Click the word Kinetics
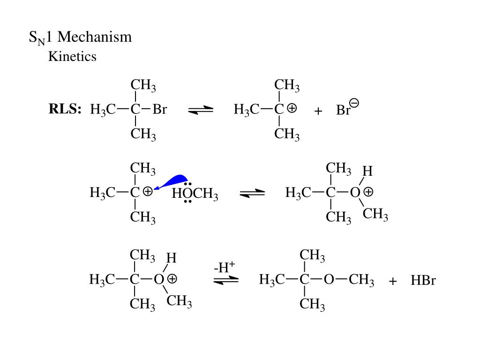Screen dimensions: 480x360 point(72,57)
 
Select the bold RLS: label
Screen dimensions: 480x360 point(65,110)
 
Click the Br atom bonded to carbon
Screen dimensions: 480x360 point(160,110)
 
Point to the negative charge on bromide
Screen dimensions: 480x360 point(354,103)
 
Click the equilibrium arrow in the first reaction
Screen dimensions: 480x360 point(201,110)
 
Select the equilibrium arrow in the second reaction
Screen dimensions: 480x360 point(252,193)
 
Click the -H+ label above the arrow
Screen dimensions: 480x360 point(224,268)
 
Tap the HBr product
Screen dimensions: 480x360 point(423,281)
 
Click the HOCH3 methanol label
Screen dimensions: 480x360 point(195,194)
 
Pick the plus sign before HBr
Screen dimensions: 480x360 point(393,281)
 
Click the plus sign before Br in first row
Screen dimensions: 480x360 point(319,111)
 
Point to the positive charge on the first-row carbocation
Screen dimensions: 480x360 point(292,108)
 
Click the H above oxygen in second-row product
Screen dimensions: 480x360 point(367,171)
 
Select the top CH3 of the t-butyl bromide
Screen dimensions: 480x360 point(143,86)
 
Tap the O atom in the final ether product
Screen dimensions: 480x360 point(329,280)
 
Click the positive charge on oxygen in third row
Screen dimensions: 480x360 point(172,279)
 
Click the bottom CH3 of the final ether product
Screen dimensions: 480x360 point(312,305)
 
